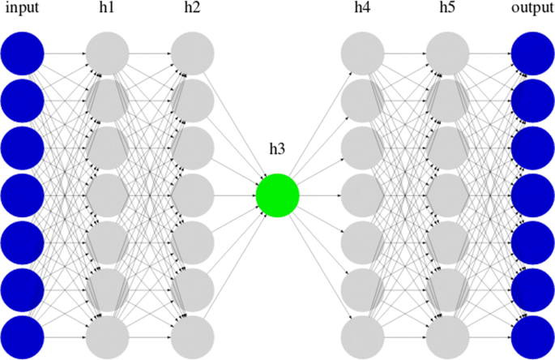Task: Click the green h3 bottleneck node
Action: (x=277, y=195)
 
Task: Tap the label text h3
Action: (x=277, y=150)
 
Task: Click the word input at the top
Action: (x=22, y=8)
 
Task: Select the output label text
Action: (x=532, y=8)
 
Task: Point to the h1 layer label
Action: (x=107, y=8)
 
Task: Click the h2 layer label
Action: (x=192, y=8)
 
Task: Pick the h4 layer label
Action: (x=362, y=8)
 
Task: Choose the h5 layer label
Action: (x=447, y=8)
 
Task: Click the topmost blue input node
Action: (x=22, y=54)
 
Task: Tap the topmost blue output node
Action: (x=532, y=54)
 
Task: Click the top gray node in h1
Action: (x=107, y=54)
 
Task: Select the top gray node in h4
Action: (x=362, y=54)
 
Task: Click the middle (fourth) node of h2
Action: (x=192, y=195)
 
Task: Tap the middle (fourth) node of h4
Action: (x=362, y=195)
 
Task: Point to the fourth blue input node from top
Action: (x=22, y=195)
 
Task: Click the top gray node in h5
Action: (x=447, y=54)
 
